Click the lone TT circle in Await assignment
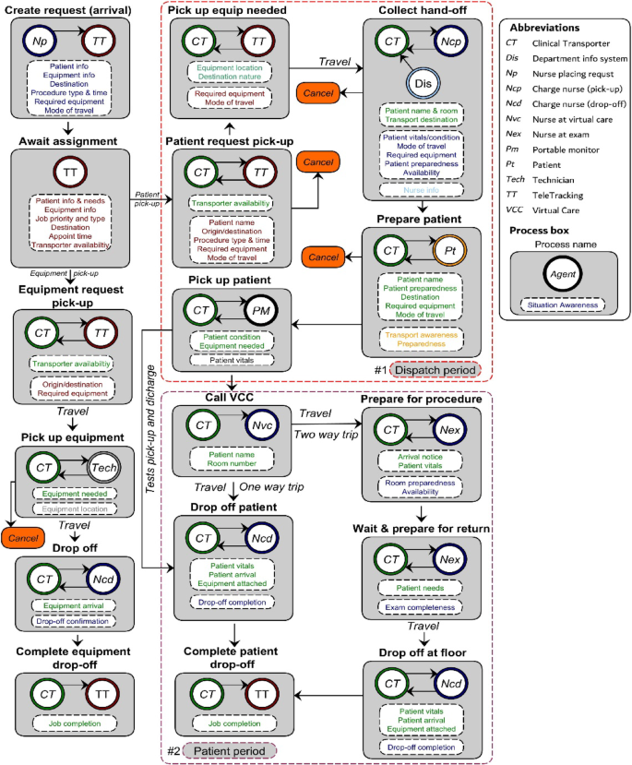pos(70,173)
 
